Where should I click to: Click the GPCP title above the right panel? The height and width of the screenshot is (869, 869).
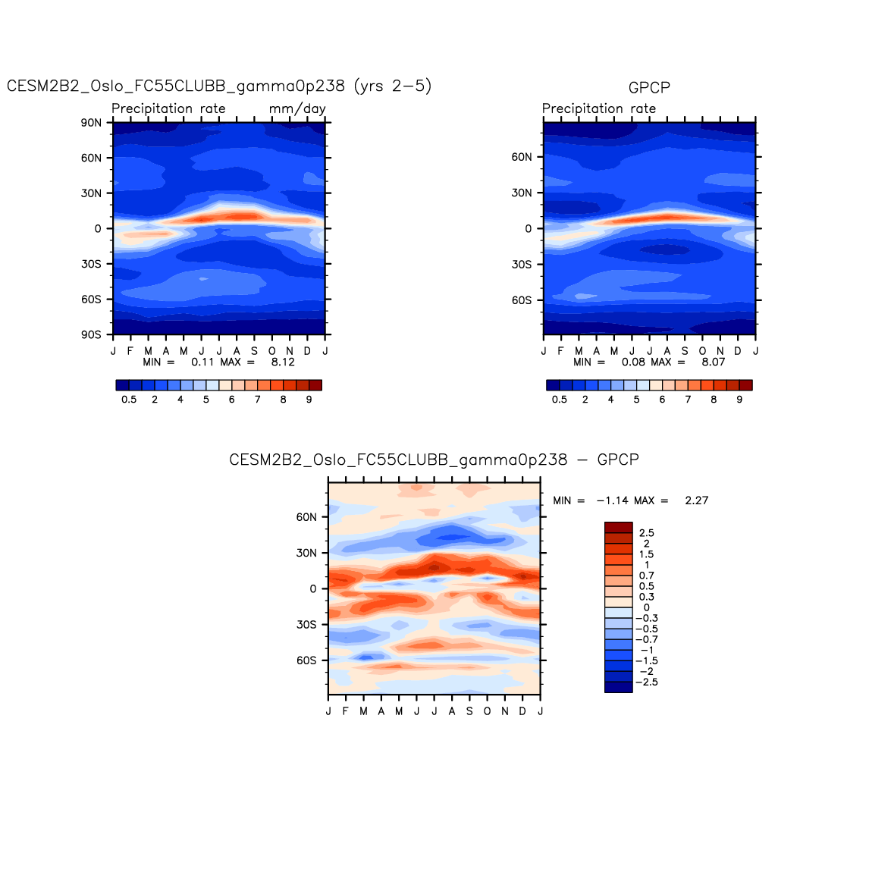649,88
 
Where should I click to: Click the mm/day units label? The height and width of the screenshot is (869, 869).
297,108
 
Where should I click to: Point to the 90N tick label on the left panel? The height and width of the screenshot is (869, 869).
92,123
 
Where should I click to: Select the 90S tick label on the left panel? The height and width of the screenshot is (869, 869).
92,334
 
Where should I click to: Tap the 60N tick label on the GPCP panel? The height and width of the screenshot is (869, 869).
522,157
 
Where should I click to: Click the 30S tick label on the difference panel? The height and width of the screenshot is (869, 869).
306,625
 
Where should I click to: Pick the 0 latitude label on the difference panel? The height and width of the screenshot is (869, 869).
313,589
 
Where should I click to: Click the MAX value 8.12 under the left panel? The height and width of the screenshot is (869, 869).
283,362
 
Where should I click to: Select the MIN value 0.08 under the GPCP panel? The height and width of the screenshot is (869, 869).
633,362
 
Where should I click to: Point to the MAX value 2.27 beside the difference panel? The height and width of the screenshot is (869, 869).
696,500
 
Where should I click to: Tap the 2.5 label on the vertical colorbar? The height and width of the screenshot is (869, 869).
646,533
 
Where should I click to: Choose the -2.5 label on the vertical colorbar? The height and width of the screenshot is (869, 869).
646,682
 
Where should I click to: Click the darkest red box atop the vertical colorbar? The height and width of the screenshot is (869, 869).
618,527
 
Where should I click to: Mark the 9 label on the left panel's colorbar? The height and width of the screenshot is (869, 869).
309,400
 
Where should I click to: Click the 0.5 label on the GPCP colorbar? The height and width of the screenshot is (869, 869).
560,400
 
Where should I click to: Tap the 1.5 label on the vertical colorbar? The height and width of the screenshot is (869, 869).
646,554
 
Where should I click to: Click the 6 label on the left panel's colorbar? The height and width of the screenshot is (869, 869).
232,400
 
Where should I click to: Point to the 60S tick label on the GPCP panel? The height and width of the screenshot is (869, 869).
522,300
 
